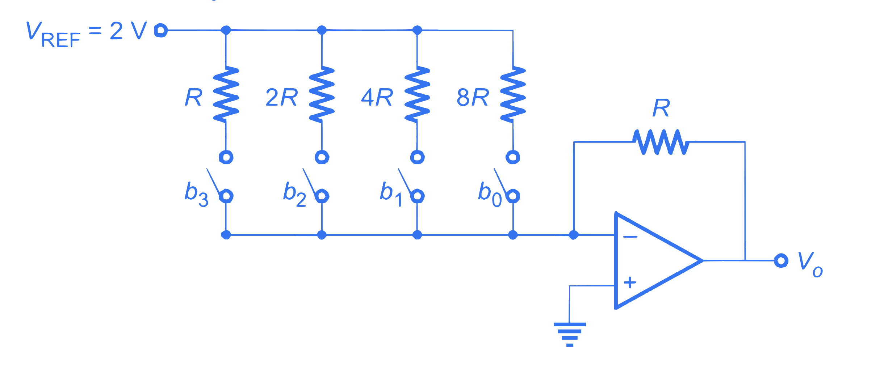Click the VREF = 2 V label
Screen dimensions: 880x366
[x=86, y=34]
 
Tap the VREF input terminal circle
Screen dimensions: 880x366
[x=160, y=30]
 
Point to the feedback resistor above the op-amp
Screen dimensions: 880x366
[x=661, y=142]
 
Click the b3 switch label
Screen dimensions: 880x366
[x=196, y=194]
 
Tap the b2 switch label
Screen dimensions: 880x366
[x=294, y=194]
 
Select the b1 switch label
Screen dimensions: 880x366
[x=391, y=194]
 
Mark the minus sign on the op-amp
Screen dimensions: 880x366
[x=630, y=237]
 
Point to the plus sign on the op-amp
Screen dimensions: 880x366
[x=630, y=282]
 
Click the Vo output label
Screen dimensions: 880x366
[x=810, y=264]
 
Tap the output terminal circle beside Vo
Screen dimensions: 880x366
[x=781, y=260]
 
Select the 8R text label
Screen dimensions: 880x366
[x=473, y=97]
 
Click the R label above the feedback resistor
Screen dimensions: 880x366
[x=661, y=108]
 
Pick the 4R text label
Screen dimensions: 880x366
[x=377, y=97]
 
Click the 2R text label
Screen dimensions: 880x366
[x=281, y=97]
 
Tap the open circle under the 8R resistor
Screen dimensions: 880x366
[x=513, y=157]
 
